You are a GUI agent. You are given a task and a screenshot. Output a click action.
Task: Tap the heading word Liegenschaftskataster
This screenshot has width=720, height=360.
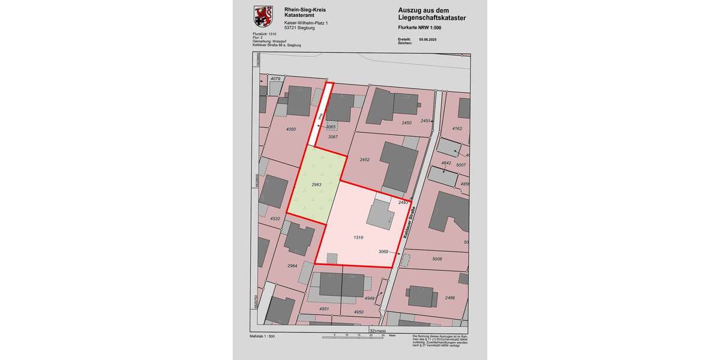[x=432, y=19]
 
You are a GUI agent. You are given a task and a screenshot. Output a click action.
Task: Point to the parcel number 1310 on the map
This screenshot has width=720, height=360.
[x=358, y=238]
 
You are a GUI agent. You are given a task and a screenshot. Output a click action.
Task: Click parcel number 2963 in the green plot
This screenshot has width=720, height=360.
[x=317, y=185]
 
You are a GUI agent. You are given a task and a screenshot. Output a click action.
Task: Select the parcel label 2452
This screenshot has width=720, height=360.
[x=365, y=160]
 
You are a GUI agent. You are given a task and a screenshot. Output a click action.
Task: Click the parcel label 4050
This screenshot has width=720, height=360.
[x=291, y=129]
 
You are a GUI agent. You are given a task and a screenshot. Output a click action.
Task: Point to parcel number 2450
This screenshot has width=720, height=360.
[x=407, y=122]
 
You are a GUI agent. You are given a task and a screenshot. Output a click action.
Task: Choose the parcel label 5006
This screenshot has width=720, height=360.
[x=437, y=259]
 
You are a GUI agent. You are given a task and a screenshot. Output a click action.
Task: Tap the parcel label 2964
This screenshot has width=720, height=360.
[x=292, y=265]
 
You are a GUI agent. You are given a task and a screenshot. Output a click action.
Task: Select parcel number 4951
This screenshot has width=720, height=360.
[x=324, y=309]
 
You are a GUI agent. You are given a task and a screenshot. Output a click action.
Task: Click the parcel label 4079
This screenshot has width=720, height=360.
[x=275, y=79]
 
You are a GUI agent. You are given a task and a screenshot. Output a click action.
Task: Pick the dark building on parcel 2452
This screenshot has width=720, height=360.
[x=398, y=166]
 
